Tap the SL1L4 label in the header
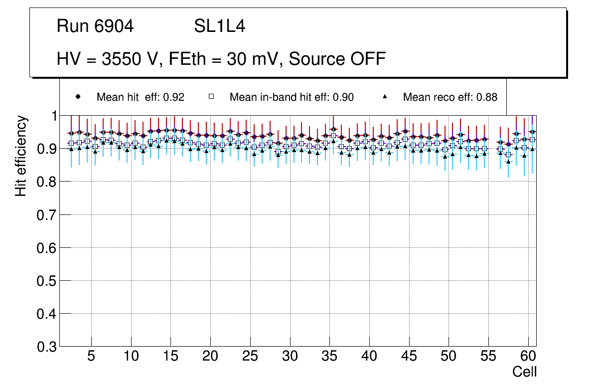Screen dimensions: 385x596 pyautogui.click(x=219, y=26)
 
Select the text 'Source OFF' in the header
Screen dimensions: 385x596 pyautogui.click(x=337, y=59)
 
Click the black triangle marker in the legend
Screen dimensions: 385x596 pyautogui.click(x=385, y=97)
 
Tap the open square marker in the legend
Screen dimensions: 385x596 pyautogui.click(x=211, y=97)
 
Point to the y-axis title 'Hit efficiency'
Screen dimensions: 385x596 pyautogui.click(x=21, y=156)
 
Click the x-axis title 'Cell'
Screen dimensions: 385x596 pyautogui.click(x=525, y=372)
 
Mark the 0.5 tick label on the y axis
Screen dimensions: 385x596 pyautogui.click(x=48, y=281)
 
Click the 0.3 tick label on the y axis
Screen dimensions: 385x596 pyautogui.click(x=48, y=347)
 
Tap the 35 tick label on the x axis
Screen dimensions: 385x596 pyautogui.click(x=329, y=357)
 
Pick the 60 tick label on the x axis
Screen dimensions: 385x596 pyautogui.click(x=528, y=357)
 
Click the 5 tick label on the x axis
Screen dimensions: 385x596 pyautogui.click(x=91, y=357)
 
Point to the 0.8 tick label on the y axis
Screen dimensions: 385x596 pyautogui.click(x=48, y=182)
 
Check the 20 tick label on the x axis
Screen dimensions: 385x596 pyautogui.click(x=210, y=357)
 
